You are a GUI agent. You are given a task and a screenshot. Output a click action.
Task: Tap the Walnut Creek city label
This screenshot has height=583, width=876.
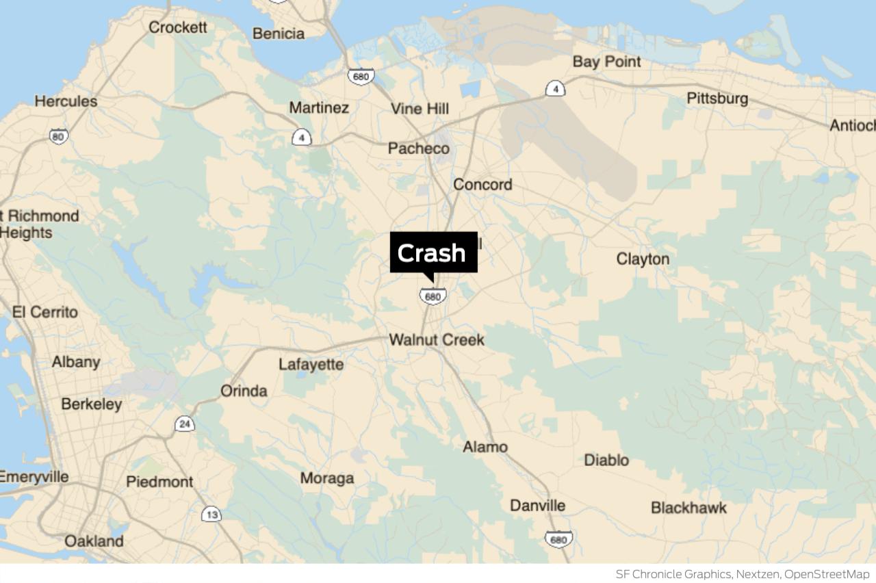[437, 339]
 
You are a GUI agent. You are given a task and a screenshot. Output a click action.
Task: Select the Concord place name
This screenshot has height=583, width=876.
[482, 185]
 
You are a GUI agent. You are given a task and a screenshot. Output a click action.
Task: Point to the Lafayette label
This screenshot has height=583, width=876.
[311, 365]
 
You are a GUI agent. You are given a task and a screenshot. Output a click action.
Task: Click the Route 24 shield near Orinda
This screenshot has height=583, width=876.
[184, 424]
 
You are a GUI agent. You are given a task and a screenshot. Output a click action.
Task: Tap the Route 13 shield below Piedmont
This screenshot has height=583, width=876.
[211, 514]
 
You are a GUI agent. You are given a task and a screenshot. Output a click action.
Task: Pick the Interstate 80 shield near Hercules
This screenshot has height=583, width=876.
[59, 136]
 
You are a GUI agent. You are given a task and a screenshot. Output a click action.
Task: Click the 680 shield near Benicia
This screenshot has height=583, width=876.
[360, 77]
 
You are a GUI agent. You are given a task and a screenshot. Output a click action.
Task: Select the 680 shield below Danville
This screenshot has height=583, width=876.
[558, 539]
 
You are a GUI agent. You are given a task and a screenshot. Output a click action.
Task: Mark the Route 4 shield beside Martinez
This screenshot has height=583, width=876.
[301, 138]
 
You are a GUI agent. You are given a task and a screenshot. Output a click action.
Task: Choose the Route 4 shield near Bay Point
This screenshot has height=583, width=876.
[555, 88]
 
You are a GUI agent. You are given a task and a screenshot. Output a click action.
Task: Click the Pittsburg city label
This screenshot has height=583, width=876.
[717, 99]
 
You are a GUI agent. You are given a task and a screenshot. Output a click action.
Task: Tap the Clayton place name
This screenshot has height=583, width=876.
[643, 259]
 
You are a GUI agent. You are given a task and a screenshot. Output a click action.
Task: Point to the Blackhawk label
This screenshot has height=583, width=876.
[688, 508]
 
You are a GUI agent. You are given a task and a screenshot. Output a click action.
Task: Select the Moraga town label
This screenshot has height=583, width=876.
[327, 478]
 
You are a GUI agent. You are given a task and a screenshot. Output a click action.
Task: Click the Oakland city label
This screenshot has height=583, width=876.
[94, 541]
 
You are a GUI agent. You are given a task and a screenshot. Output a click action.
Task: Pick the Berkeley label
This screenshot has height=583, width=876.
[92, 404]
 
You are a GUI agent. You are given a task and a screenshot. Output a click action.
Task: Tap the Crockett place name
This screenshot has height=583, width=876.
[178, 27]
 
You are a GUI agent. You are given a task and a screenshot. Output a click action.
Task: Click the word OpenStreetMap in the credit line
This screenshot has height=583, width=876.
[827, 574]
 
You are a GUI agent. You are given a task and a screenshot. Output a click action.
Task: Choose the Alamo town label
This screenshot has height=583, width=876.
[485, 447]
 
